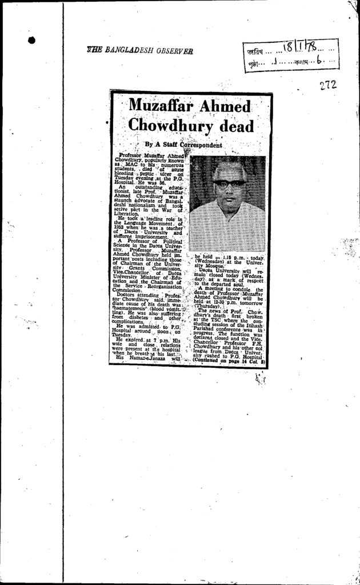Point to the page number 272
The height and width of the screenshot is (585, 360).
point(328,85)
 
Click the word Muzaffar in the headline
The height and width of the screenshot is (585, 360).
point(158,106)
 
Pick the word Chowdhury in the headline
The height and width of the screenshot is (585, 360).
point(170,125)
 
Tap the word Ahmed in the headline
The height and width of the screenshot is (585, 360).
point(224,106)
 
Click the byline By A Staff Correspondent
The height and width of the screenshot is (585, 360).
point(183,145)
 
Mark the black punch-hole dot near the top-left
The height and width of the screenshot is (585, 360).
point(31,40)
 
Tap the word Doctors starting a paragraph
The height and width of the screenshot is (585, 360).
point(127,295)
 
